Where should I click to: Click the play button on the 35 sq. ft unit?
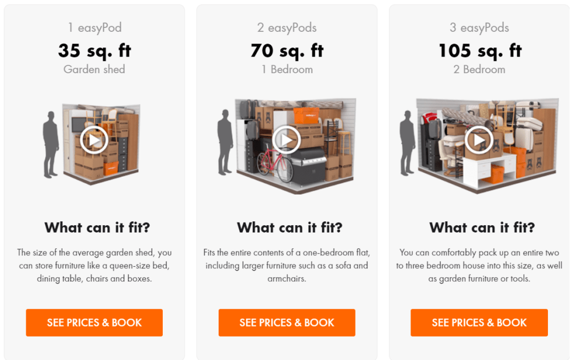[x=94, y=140]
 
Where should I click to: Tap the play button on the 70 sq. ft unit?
[x=286, y=140]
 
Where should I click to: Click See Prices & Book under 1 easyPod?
[x=94, y=323]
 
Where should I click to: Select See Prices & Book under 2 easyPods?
[x=287, y=323]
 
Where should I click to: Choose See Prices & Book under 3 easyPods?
[x=479, y=323]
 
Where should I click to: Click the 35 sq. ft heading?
[x=94, y=50]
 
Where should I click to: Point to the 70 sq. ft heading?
[x=287, y=50]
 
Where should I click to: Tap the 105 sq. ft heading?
[x=480, y=50]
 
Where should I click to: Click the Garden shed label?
[x=94, y=69]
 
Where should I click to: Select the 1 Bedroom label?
[x=287, y=69]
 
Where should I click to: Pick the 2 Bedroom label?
[x=479, y=69]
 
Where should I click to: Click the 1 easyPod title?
[x=95, y=28]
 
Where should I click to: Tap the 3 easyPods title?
[x=479, y=28]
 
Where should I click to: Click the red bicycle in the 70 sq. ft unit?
[x=275, y=163]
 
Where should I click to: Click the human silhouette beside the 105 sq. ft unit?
[x=408, y=143]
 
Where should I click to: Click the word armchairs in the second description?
[x=287, y=278]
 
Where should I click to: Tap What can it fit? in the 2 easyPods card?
[x=290, y=228]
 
